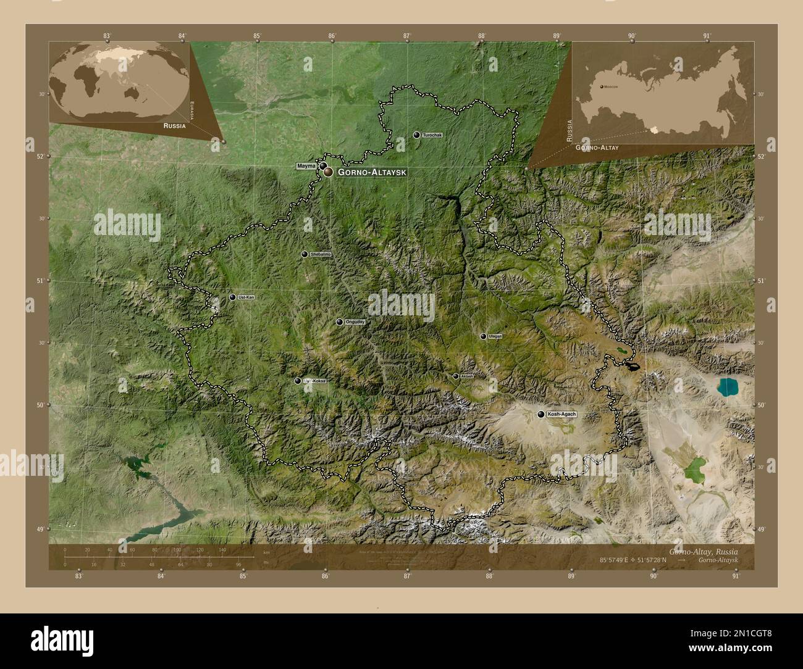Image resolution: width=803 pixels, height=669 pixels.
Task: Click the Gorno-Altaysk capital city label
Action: click(x=372, y=173)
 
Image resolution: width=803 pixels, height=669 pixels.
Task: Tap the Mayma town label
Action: click(x=306, y=166)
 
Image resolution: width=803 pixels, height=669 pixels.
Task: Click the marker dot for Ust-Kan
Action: click(x=233, y=297)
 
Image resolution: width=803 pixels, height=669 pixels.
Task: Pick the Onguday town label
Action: click(x=355, y=322)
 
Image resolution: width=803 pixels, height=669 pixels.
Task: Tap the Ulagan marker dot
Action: click(x=483, y=336)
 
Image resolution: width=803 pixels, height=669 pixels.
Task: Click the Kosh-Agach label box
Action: click(x=561, y=414)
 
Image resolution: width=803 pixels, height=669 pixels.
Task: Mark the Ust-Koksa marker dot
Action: click(x=298, y=381)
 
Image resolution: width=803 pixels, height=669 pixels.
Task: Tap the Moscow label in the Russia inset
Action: click(x=611, y=87)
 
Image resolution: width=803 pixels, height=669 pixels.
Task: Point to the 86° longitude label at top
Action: click(x=332, y=36)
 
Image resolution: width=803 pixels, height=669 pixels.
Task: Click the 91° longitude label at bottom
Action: click(x=735, y=576)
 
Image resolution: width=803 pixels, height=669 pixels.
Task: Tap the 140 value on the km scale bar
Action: click(x=222, y=549)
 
